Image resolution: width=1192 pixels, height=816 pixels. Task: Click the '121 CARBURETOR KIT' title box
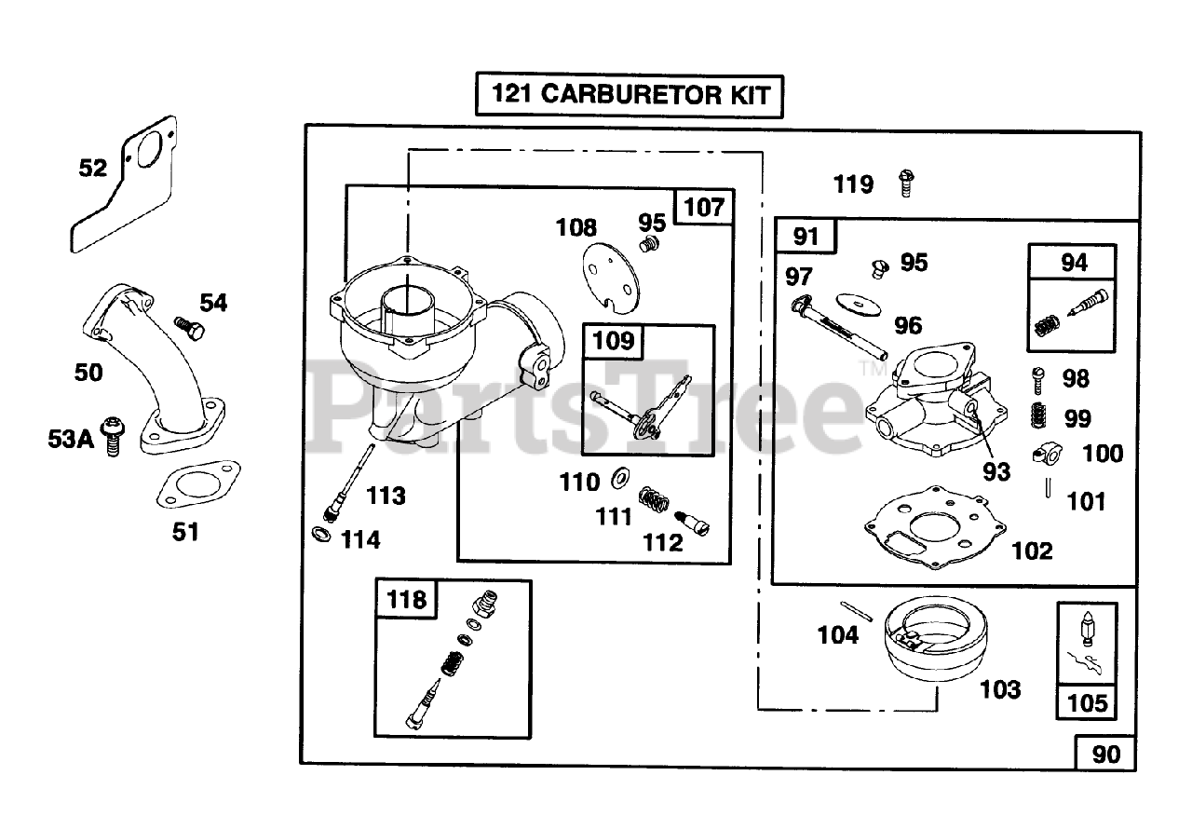[x=629, y=94]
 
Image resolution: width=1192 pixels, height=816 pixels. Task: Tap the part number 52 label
[x=93, y=169]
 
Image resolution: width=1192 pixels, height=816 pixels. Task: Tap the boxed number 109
[x=612, y=341]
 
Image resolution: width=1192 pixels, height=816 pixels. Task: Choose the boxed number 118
[x=407, y=599]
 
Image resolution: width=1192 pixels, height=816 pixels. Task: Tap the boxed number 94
[x=1073, y=263]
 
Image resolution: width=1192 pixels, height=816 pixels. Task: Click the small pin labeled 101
[x=1049, y=486]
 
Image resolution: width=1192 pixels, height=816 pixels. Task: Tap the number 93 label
[x=996, y=471]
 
